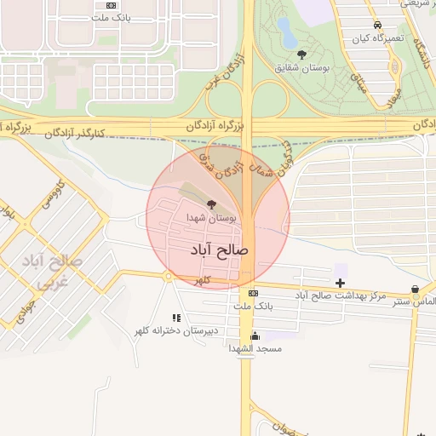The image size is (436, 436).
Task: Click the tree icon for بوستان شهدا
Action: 211,205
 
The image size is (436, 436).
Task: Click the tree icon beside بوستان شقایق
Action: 302,54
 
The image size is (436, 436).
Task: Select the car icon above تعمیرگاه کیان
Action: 377,26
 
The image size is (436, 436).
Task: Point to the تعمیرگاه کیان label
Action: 377,38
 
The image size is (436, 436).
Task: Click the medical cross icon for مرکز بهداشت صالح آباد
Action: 341,282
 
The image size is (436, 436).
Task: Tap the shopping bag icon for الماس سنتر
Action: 415,290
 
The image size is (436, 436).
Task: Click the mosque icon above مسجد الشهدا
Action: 255,336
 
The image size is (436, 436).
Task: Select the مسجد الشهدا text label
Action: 255,349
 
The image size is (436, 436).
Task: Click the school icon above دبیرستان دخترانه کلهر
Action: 176,318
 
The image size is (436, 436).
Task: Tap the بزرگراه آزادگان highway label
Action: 216,124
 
